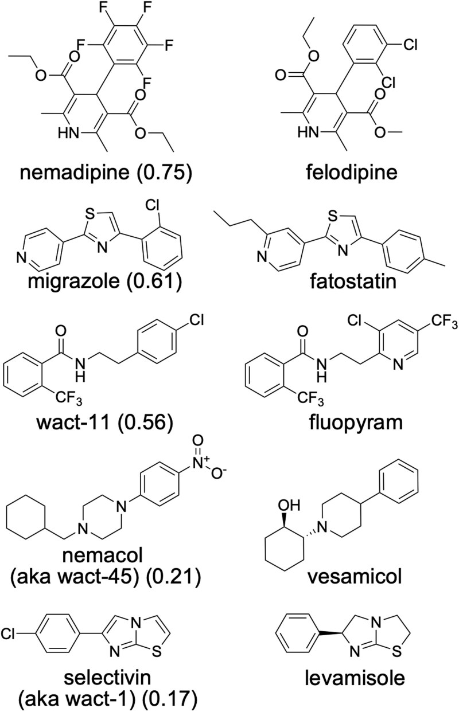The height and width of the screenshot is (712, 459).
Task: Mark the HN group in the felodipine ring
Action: (x=308, y=133)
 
